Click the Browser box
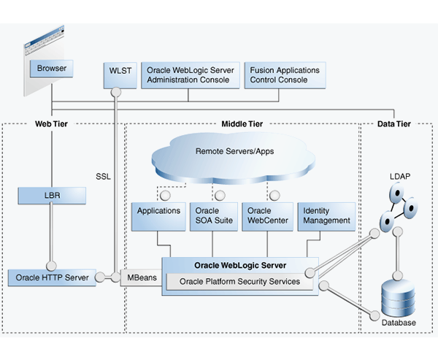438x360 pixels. pyautogui.click(x=52, y=69)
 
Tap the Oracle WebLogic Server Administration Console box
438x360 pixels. pyautogui.click(x=190, y=74)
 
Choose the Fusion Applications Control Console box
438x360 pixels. pyautogui.click(x=285, y=74)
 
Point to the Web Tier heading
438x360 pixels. pyautogui.click(x=52, y=124)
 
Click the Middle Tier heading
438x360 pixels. pyautogui.click(x=242, y=124)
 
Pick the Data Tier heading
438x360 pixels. pyautogui.click(x=393, y=124)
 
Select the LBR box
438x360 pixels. pyautogui.click(x=52, y=196)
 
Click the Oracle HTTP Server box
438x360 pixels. pyautogui.click(x=52, y=277)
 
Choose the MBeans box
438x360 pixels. pyautogui.click(x=140, y=277)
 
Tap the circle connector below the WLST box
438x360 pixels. pyautogui.click(x=116, y=93)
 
